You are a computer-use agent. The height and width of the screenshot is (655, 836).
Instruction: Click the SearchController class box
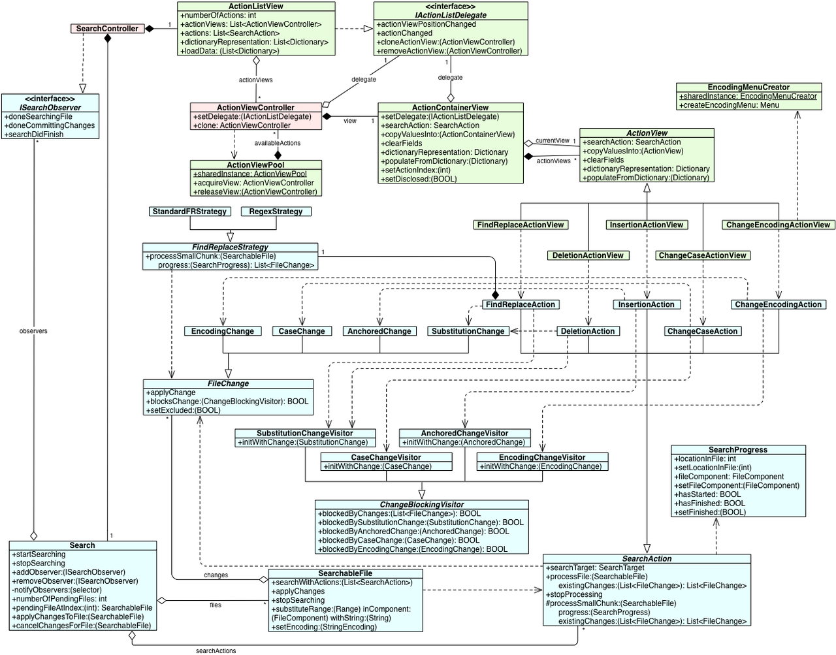(107, 29)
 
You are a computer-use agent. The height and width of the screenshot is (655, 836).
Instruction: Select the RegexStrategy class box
(276, 212)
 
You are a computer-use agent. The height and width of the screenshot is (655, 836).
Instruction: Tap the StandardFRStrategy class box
(189, 212)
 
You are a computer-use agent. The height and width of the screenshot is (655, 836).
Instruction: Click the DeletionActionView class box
(588, 255)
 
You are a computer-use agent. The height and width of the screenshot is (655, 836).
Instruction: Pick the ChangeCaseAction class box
(703, 331)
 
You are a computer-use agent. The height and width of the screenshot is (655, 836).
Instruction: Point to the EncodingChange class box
(223, 331)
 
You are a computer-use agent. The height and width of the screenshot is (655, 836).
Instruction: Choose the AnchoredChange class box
(379, 331)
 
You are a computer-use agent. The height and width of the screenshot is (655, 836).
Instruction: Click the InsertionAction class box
(647, 304)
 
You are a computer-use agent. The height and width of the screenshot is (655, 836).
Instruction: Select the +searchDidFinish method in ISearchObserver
(34, 135)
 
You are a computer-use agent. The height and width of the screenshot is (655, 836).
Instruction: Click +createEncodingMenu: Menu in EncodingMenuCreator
(729, 105)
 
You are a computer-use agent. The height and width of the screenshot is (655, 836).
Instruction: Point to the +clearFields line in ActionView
(603, 159)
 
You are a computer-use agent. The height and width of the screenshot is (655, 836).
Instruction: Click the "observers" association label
(33, 331)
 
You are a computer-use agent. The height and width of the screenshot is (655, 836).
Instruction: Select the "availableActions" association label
(278, 143)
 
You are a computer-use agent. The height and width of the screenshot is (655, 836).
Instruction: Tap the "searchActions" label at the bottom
(216, 651)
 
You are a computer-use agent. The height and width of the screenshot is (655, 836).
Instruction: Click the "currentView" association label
(553, 141)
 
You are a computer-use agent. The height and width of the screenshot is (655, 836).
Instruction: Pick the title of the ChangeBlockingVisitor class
(422, 504)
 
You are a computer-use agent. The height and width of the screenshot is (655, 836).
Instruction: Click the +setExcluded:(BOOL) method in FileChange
(183, 410)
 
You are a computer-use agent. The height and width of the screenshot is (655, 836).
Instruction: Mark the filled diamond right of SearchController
(149, 29)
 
